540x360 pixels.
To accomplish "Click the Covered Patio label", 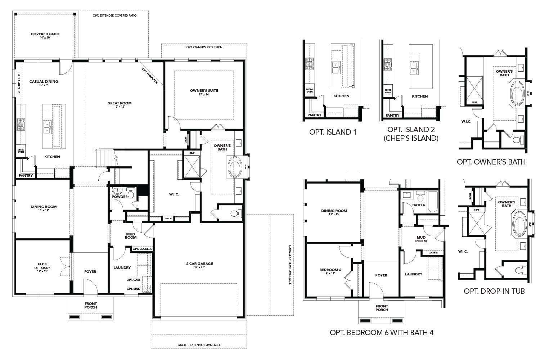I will (x=45, y=35).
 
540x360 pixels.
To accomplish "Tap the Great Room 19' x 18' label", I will (x=120, y=105).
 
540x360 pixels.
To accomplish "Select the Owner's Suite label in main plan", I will (x=204, y=92).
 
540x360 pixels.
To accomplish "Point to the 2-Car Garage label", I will (x=199, y=265).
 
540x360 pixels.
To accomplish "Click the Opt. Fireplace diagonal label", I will (x=150, y=76).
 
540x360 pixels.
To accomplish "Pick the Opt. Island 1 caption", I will (x=332, y=132).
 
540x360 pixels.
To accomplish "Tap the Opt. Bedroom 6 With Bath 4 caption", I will (x=381, y=333).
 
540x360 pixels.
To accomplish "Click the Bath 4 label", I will (x=419, y=205).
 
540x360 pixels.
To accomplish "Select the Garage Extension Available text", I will (x=199, y=345).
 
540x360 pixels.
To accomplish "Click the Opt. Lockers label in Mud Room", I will (x=142, y=249).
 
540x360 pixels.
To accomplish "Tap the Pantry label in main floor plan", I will (x=26, y=176).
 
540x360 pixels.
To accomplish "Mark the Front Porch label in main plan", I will (x=91, y=305).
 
